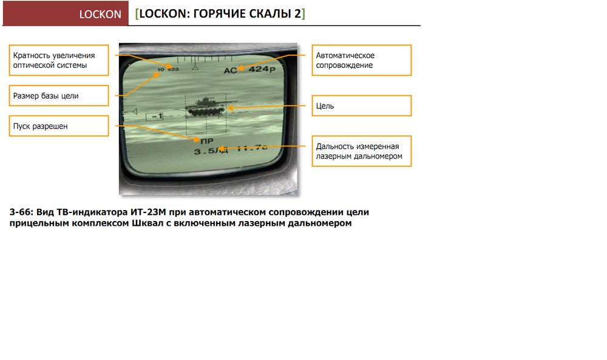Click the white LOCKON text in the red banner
tap(101, 14)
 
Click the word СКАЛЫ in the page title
tap(263, 14)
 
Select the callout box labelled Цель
tap(362, 106)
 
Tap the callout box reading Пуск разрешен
tap(59, 126)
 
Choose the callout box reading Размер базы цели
tap(59, 95)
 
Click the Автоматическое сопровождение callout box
tap(362, 60)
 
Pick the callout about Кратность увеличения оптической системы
tap(59, 60)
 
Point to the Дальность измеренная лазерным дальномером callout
tap(362, 151)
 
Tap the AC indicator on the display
tap(231, 71)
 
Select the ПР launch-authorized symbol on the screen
tap(208, 140)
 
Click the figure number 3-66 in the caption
tap(21, 212)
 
